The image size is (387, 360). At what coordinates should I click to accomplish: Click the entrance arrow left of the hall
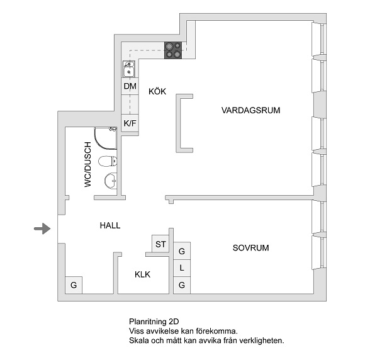(x=42, y=228)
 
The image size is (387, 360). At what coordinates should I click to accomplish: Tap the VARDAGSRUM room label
(x=250, y=110)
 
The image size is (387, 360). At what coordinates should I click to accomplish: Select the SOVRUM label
(x=250, y=248)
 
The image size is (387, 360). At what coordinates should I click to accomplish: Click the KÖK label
(x=157, y=91)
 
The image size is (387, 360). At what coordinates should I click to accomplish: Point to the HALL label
(x=109, y=225)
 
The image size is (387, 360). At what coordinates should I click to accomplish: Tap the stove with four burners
(x=174, y=50)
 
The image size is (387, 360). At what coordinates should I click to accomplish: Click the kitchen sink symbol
(x=128, y=69)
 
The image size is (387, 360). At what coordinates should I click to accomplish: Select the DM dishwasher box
(x=130, y=86)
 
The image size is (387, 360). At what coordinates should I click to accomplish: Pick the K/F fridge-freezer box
(x=130, y=123)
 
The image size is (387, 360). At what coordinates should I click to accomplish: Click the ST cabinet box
(x=160, y=244)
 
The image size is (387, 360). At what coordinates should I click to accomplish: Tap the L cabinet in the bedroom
(x=182, y=268)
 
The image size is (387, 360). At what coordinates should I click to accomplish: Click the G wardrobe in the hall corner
(x=74, y=285)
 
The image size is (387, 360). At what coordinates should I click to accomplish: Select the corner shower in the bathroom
(x=104, y=138)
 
